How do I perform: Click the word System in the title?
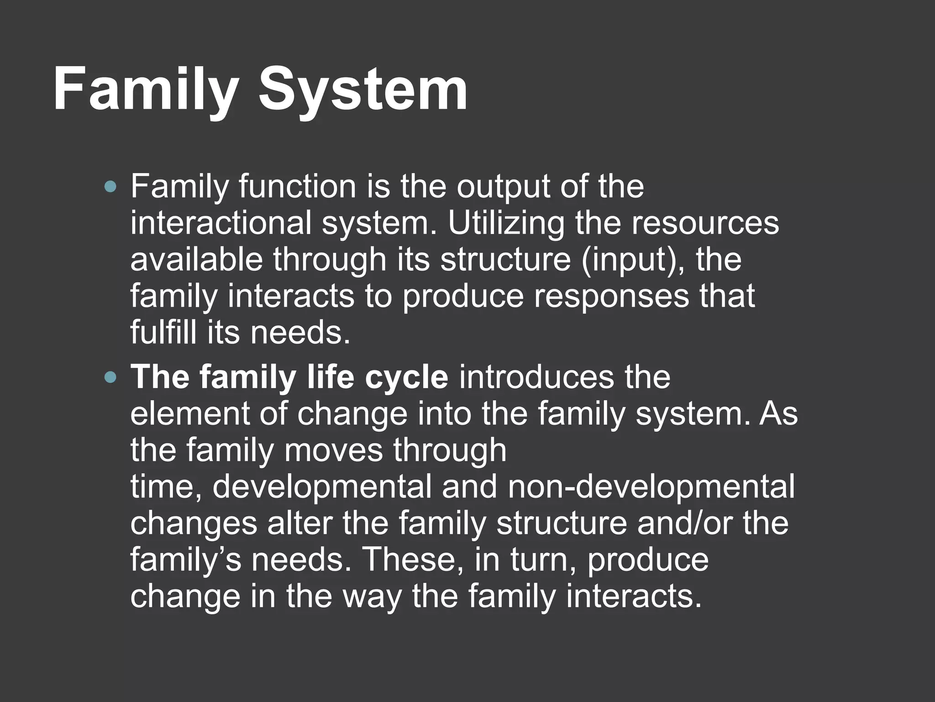[x=363, y=89]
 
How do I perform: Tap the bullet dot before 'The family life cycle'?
[x=110, y=378]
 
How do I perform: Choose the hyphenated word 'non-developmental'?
[x=651, y=487]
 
